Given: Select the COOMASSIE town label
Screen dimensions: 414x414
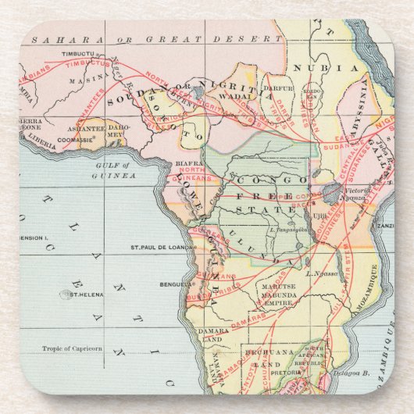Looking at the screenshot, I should tap(76, 140).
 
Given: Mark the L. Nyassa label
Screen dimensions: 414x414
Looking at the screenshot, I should tap(320, 274).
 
